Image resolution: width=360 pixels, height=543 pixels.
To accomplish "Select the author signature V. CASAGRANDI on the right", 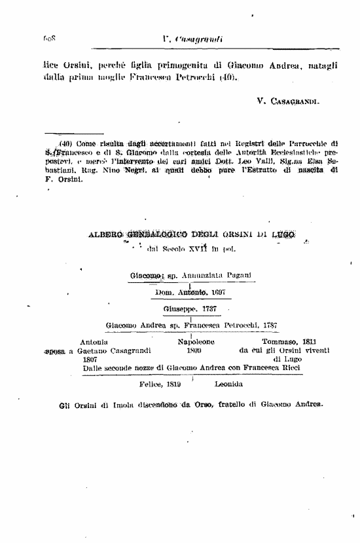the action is pos(288,102).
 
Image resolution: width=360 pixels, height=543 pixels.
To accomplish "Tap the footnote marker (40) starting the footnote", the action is pos(65,143).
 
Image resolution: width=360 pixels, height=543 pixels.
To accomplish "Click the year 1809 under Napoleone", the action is pos(194,350).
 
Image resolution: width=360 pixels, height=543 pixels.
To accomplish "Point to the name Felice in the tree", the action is pos(151,384).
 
